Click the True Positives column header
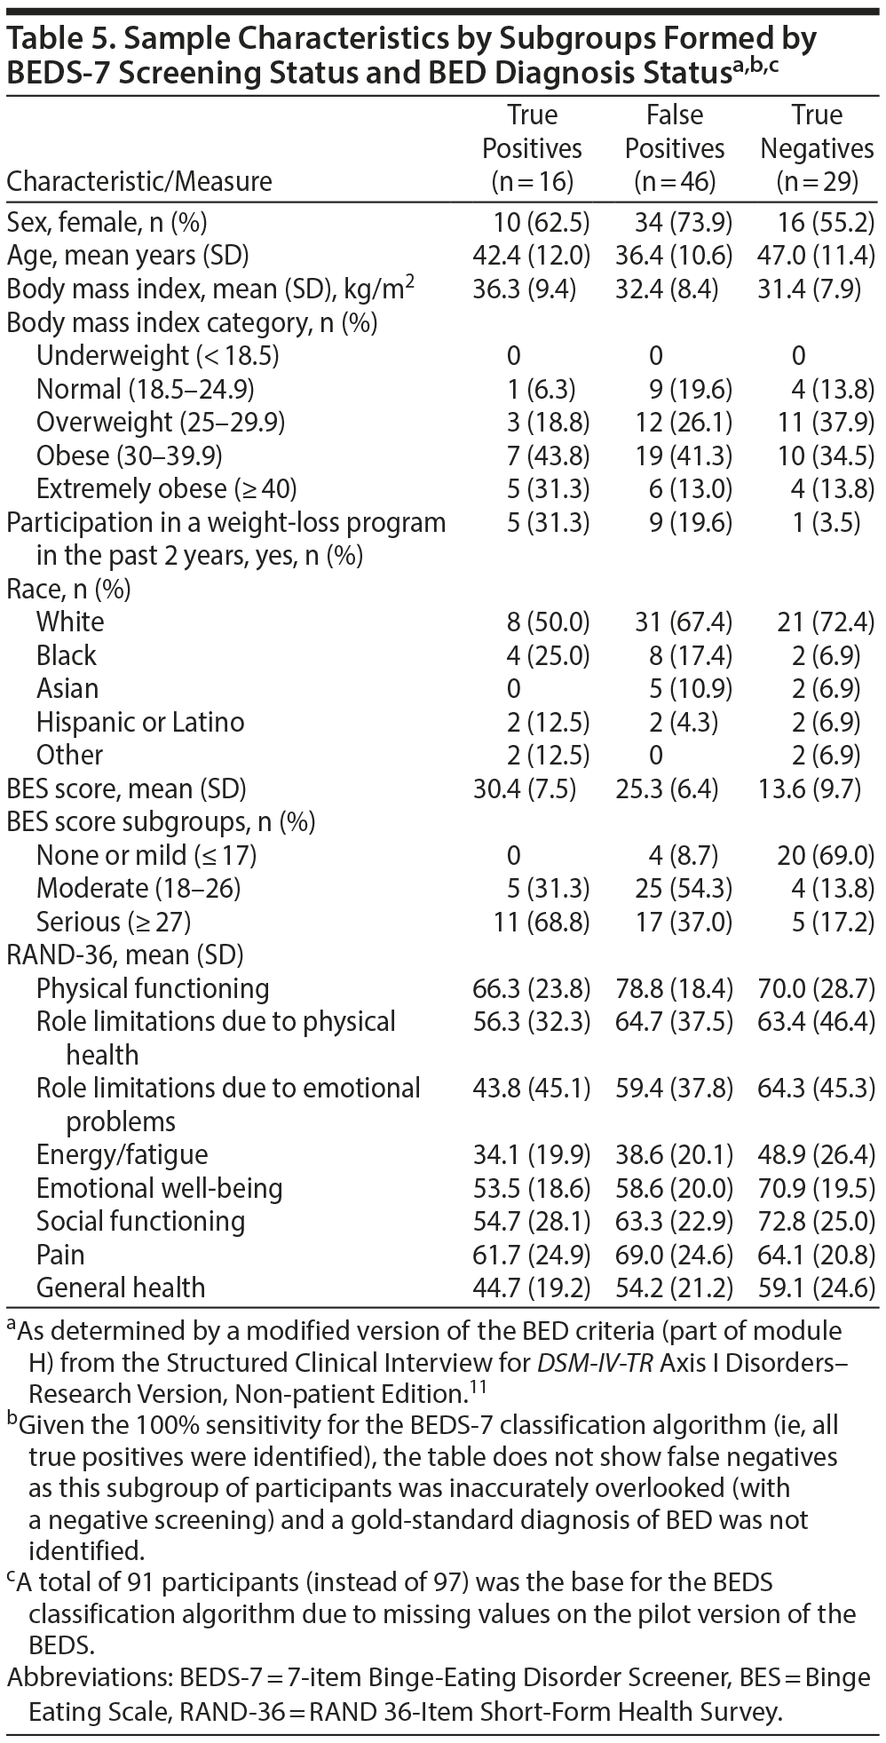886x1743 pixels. click(x=532, y=148)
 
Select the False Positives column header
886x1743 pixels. click(x=675, y=148)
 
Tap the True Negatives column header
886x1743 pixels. click(x=817, y=148)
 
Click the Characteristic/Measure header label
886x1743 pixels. click(x=139, y=182)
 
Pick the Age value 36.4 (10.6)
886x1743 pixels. click(x=675, y=256)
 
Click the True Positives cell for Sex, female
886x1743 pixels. click(x=542, y=222)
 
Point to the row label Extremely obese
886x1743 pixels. click(x=166, y=489)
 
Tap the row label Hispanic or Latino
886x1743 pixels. click(x=140, y=722)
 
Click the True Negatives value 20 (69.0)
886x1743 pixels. click(x=825, y=855)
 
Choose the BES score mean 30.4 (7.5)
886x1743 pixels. click(x=532, y=788)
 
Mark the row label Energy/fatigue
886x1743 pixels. click(x=122, y=1155)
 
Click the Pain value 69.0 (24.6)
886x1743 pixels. click(x=675, y=1255)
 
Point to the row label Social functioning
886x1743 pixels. click(x=140, y=1222)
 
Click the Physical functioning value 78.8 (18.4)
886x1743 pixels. click(x=675, y=988)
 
